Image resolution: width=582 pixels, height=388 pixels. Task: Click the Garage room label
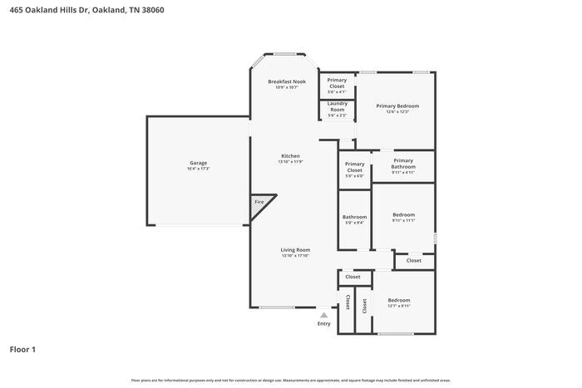pos(198,163)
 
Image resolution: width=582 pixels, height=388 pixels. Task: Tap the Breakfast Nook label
pos(287,81)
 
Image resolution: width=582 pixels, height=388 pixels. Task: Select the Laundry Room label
pos(337,106)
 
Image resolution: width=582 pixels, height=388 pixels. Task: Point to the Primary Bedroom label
pos(397,106)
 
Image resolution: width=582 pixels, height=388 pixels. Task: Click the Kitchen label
pos(289,156)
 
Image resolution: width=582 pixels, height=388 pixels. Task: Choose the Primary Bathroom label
pos(403,164)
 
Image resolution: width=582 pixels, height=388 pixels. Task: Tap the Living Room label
pos(294,250)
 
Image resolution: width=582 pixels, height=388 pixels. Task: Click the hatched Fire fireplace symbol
pos(259,204)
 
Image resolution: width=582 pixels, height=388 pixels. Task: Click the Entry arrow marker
pos(323,315)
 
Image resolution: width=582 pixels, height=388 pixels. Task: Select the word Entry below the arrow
pos(323,323)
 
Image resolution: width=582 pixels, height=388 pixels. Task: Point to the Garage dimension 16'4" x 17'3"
pos(198,169)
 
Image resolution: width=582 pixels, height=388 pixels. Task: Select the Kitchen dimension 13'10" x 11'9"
pos(289,162)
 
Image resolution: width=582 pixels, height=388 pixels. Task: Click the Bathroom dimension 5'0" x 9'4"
pos(354,223)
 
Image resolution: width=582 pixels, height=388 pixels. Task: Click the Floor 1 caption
pos(22,350)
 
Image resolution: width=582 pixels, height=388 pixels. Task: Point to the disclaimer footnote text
pos(290,380)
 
